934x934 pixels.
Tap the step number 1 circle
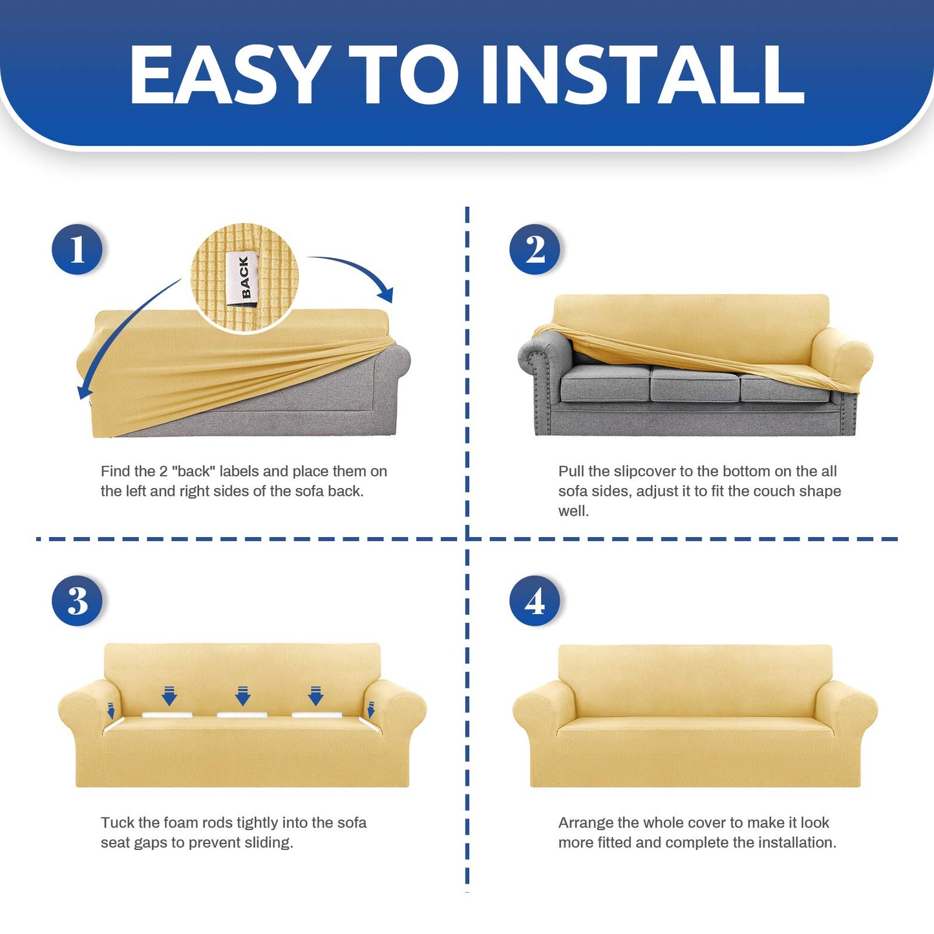click(x=77, y=249)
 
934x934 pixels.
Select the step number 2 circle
click(x=535, y=249)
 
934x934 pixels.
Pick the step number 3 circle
click(x=77, y=600)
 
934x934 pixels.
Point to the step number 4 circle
click(x=535, y=600)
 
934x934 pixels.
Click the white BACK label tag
click(x=242, y=279)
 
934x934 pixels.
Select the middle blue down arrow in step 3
click(x=243, y=696)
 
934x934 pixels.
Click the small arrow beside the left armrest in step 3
click(x=111, y=710)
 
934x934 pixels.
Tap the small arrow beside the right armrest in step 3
click(x=371, y=710)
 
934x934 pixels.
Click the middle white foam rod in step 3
click(x=242, y=714)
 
